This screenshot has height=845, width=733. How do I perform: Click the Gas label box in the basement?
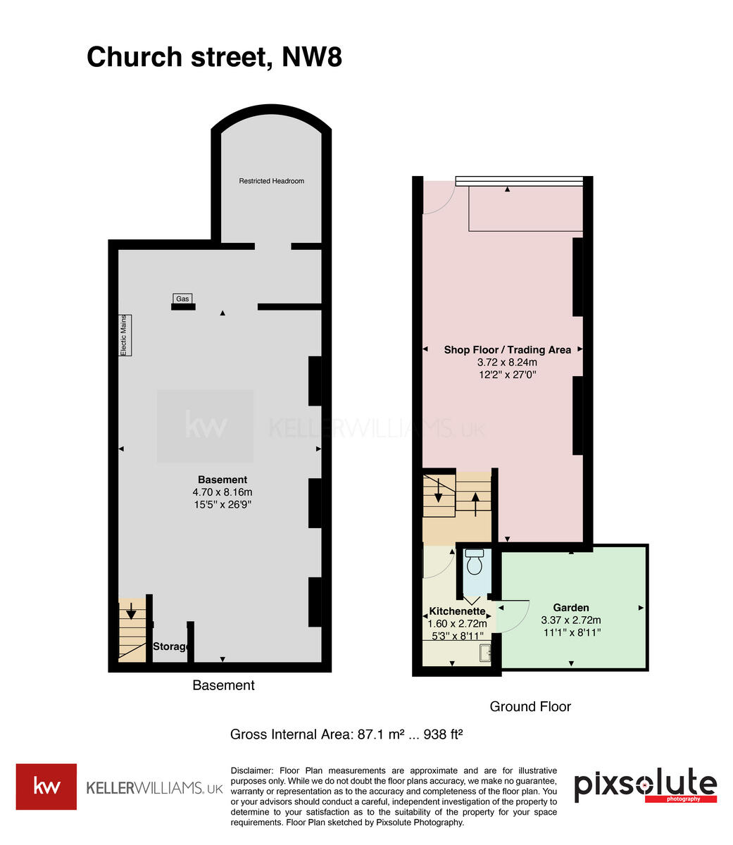point(183,299)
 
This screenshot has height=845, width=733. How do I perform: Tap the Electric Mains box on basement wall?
point(125,334)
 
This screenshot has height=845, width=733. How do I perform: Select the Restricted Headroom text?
point(271,181)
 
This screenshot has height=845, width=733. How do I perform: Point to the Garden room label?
point(570,607)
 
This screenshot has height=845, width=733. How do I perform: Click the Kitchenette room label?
point(457,611)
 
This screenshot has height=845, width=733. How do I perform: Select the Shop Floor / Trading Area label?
point(507,349)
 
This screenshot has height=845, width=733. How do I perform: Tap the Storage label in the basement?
point(171,646)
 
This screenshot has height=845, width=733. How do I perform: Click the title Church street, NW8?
point(214,57)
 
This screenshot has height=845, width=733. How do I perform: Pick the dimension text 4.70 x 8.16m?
point(222,492)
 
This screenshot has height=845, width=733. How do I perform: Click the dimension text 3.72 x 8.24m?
point(507,362)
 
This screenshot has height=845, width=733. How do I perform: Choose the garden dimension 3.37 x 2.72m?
point(570,620)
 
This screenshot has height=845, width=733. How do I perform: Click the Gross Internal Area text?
point(346,734)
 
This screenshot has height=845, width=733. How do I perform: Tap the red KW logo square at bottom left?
point(46,787)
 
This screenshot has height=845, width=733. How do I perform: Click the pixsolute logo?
point(645,786)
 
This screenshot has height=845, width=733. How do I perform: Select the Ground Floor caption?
point(530,706)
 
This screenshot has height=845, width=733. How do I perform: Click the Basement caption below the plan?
point(223,685)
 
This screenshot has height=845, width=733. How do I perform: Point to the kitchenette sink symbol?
point(485,653)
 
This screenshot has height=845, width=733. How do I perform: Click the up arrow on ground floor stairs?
point(475,503)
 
